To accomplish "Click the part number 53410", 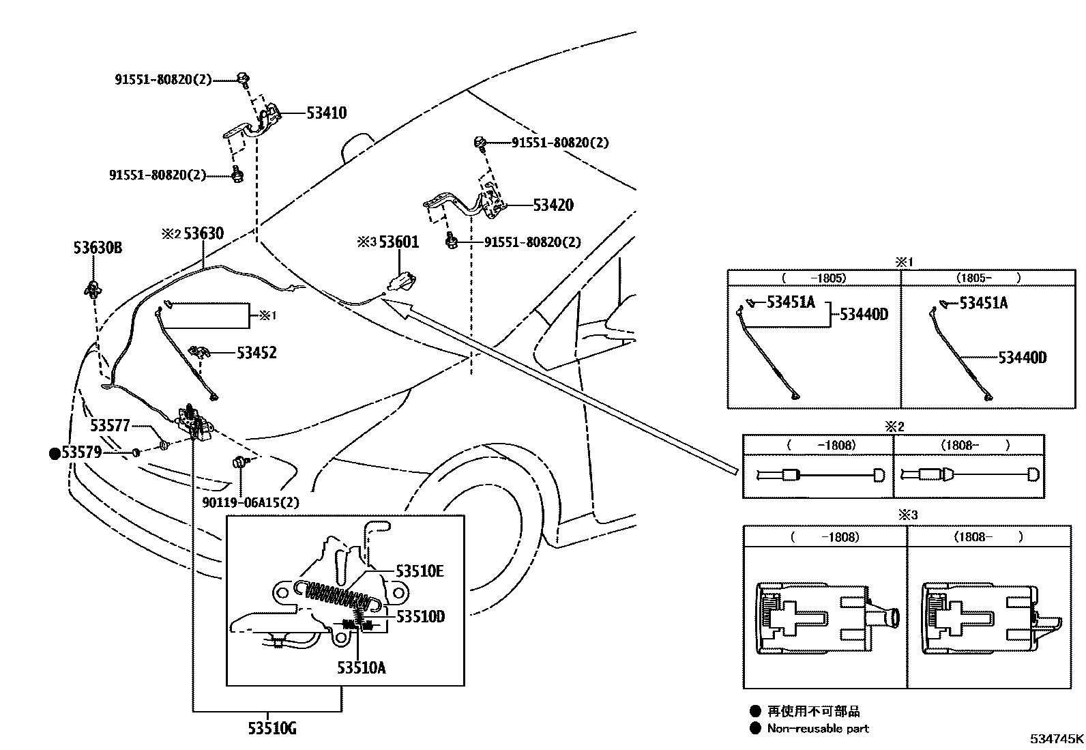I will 326,113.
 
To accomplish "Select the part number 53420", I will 553,205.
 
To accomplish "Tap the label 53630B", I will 98,248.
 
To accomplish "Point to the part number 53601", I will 399,242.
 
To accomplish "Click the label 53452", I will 256,353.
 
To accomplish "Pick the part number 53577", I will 110,426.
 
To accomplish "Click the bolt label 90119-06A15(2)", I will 250,502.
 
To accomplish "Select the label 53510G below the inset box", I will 271,729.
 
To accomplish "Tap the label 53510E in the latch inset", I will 420,571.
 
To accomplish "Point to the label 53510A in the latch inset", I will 361,667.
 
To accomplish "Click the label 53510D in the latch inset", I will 420,616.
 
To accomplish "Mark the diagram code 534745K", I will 1057,739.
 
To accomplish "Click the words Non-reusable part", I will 818,728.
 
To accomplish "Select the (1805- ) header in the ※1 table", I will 988,278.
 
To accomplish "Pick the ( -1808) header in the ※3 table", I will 825,536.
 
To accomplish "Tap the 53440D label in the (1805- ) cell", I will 1022,358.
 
